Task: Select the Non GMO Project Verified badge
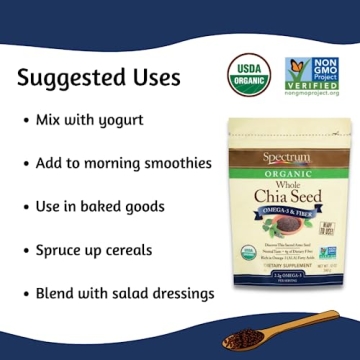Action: [x=310, y=75]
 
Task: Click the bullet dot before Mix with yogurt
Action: [x=24, y=120]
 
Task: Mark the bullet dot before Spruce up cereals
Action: [x=24, y=250]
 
